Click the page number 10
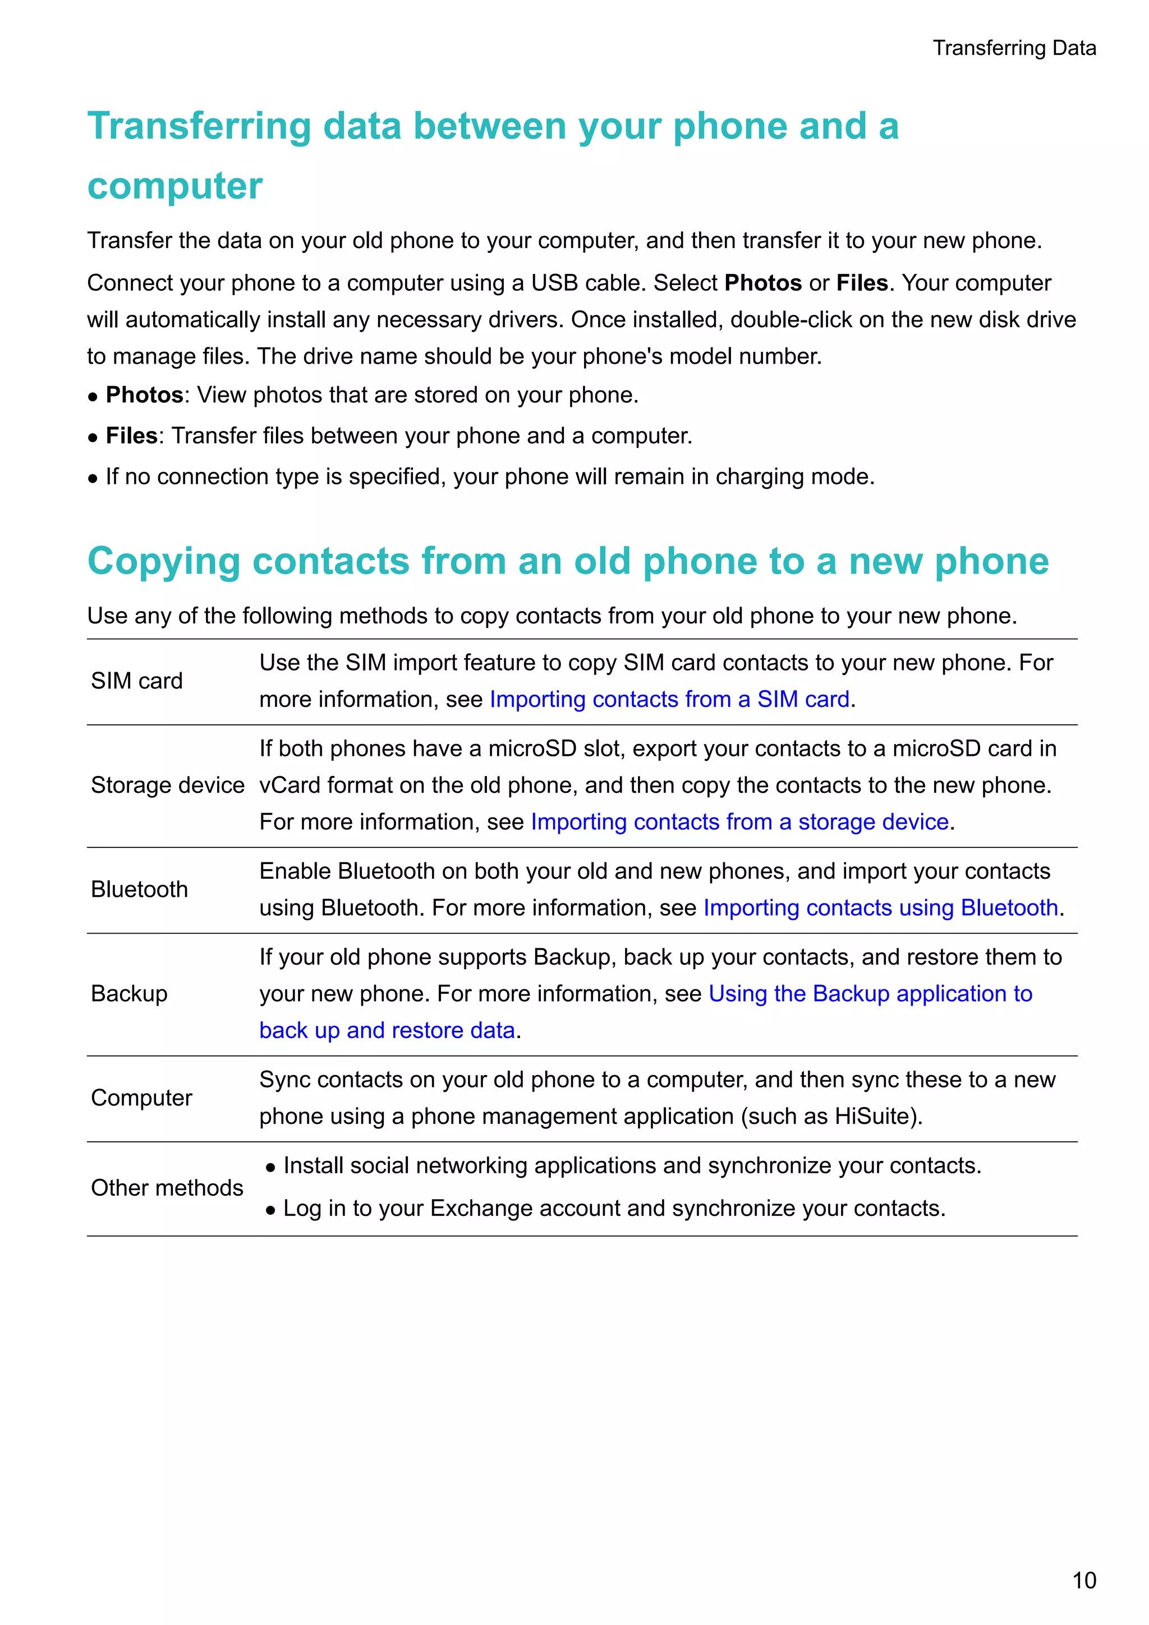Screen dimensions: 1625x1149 pyautogui.click(x=1084, y=1581)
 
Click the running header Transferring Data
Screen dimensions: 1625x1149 pyautogui.click(x=1014, y=48)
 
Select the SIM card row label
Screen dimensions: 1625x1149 pyautogui.click(x=136, y=681)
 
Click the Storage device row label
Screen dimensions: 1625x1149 pyautogui.click(x=168, y=785)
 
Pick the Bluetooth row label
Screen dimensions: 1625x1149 pyautogui.click(x=139, y=889)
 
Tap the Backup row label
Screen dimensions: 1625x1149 pyautogui.click(x=130, y=994)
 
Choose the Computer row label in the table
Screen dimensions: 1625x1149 pyautogui.click(x=141, y=1098)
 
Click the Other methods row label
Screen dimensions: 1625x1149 pyautogui.click(x=167, y=1188)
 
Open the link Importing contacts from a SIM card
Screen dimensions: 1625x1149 pyautogui.click(x=669, y=699)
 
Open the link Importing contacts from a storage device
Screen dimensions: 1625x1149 pyautogui.click(x=739, y=821)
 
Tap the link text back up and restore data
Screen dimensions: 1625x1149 pyautogui.click(x=387, y=1030)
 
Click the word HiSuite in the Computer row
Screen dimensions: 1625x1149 pyautogui.click(x=876, y=1116)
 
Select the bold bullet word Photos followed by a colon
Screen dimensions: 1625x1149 pyautogui.click(x=144, y=395)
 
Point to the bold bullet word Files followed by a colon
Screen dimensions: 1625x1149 pyautogui.click(x=132, y=436)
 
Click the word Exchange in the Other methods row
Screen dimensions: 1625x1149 pyautogui.click(x=476, y=1208)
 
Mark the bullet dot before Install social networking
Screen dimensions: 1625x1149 pyautogui.click(x=270, y=1168)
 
